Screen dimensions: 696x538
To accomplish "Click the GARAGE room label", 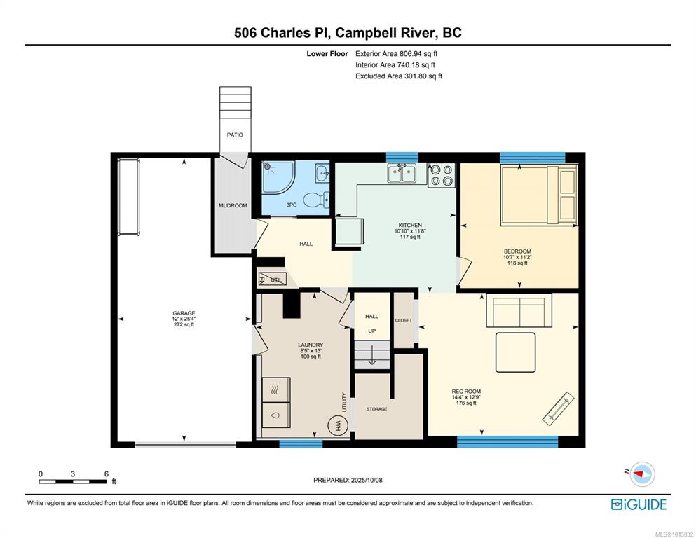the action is point(184,313).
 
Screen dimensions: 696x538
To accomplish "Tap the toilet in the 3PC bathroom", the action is point(317,200).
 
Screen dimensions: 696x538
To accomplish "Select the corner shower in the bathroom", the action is point(278,177).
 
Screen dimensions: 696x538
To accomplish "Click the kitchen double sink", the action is point(401,173).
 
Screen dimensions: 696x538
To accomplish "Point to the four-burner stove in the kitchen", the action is point(442,175).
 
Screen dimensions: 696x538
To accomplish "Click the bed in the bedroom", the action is point(539,195).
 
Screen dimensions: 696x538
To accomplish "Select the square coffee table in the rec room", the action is point(515,352).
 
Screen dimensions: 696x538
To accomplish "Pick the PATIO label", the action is point(235,134).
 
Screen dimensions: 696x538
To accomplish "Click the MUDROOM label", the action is point(233,205).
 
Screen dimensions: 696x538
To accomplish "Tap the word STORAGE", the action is point(376,409).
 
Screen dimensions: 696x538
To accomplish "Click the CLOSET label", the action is point(404,320).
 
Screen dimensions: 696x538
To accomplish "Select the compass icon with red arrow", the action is point(642,474).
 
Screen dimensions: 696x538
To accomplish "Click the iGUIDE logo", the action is point(639,504).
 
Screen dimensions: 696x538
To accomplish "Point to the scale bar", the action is point(73,481).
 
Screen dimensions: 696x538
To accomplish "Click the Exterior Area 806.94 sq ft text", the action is point(397,54).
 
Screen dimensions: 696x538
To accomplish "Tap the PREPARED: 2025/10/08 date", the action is point(348,480).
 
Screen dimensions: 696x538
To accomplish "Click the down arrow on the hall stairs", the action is point(372,356).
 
